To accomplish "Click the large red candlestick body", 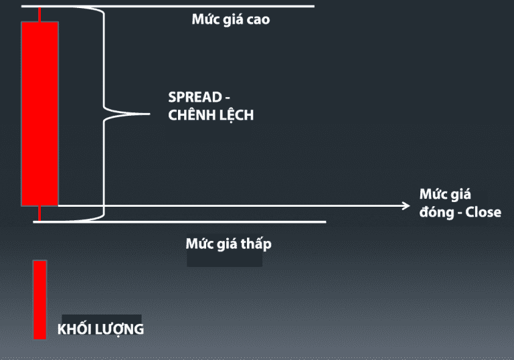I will coord(39,114).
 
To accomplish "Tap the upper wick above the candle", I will coord(39,14).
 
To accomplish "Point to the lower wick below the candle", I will coord(39,213).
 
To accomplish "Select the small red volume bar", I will coord(40,300).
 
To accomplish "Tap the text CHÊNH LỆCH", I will coord(211,115).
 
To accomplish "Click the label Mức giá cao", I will coord(230,19).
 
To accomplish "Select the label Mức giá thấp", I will coord(228,244).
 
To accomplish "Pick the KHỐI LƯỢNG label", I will coord(100,329).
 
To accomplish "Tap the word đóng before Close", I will coord(437,213).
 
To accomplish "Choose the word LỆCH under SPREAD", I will coord(236,115).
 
